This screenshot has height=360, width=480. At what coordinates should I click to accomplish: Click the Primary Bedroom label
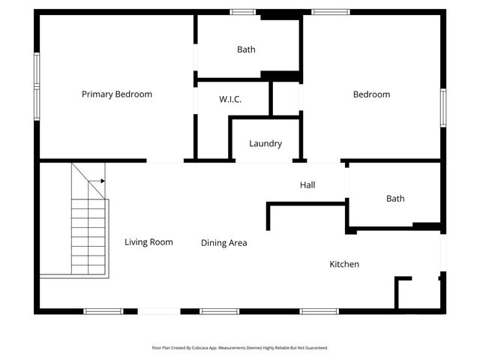pyautogui.click(x=116, y=94)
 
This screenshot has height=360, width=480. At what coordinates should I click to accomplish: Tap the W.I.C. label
pyautogui.click(x=230, y=99)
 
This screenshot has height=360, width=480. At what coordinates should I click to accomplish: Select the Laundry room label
pyautogui.click(x=265, y=143)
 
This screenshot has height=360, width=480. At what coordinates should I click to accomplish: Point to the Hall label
pyautogui.click(x=307, y=184)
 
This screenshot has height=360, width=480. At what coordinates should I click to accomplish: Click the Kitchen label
pyautogui.click(x=344, y=264)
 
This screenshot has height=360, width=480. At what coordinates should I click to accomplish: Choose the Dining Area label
pyautogui.click(x=223, y=243)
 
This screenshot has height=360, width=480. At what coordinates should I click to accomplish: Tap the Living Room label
pyautogui.click(x=148, y=241)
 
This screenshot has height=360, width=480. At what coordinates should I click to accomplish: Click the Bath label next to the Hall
pyautogui.click(x=395, y=199)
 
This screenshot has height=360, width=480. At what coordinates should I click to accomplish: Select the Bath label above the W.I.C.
pyautogui.click(x=246, y=49)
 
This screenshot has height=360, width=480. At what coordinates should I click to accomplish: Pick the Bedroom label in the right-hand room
pyautogui.click(x=371, y=94)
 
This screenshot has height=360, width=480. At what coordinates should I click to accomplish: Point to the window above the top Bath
pyautogui.click(x=242, y=12)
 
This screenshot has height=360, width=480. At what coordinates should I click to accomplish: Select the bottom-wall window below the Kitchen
pyautogui.click(x=319, y=310)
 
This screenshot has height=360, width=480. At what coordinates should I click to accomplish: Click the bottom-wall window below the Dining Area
pyautogui.click(x=219, y=310)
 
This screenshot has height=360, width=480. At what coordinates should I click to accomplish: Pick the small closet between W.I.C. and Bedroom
pyautogui.click(x=285, y=98)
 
